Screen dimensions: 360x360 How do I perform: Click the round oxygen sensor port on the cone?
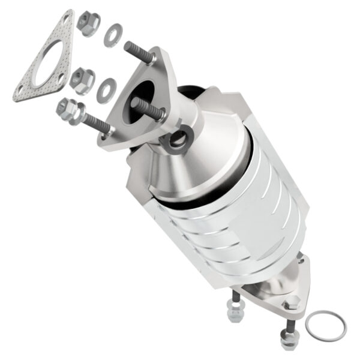click(178, 139)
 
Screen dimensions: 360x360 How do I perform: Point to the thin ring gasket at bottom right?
click(325, 325)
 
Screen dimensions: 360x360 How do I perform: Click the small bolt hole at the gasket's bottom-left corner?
click(23, 93)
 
